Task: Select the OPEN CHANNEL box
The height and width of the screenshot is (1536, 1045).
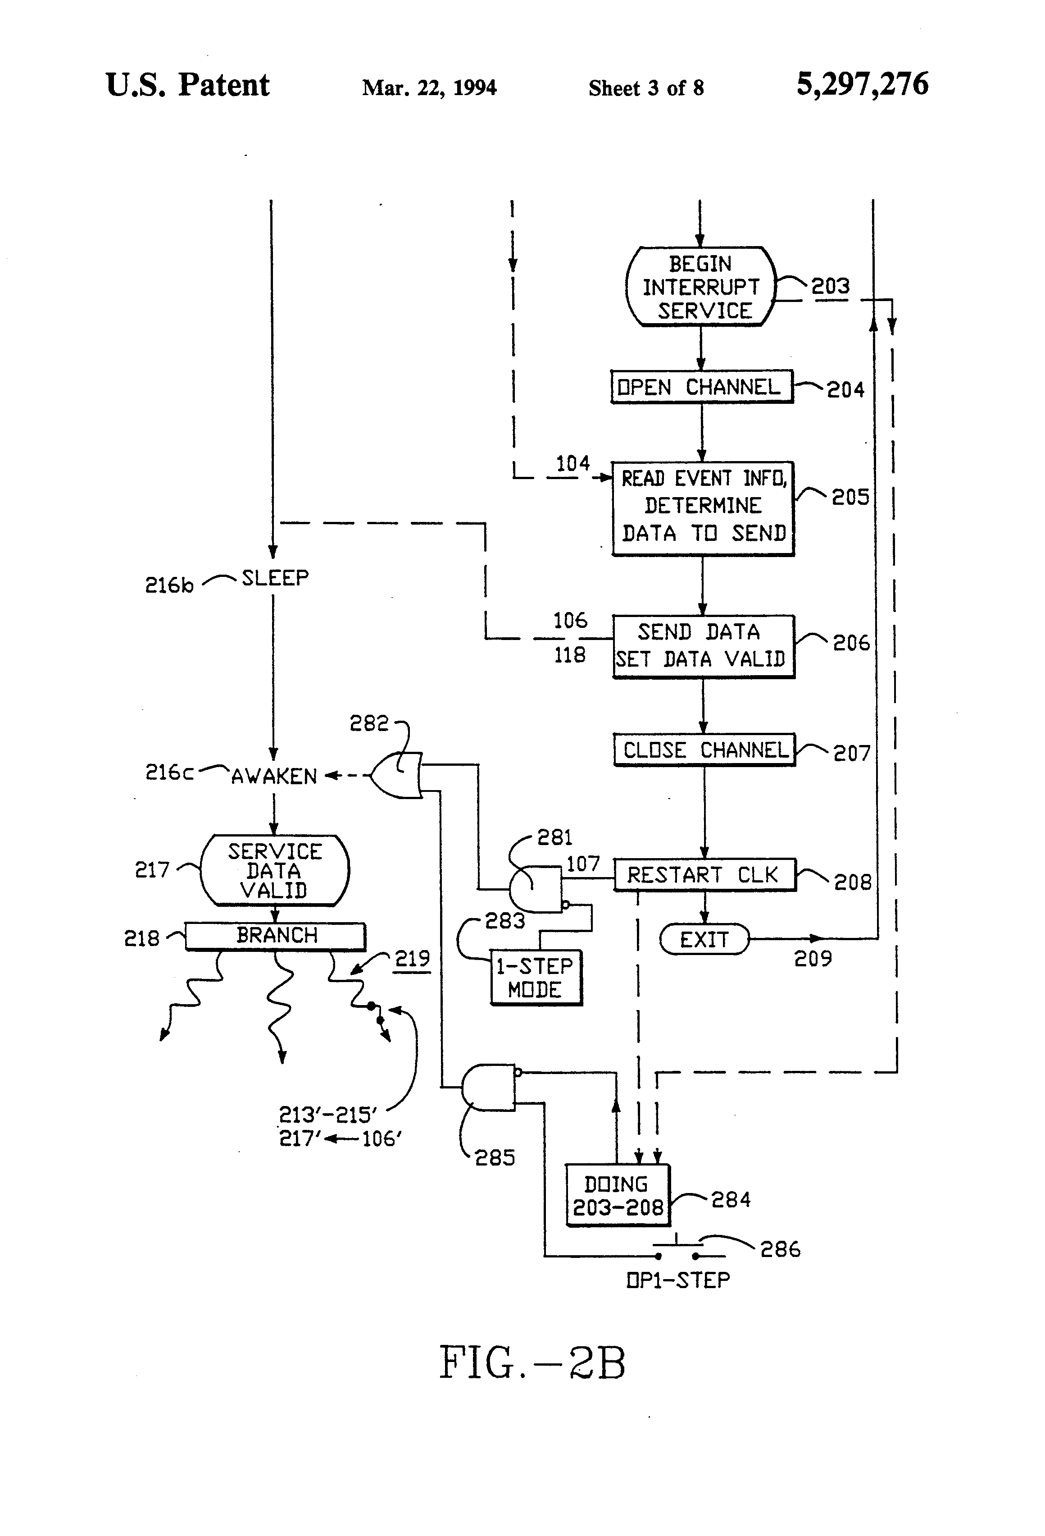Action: (701, 387)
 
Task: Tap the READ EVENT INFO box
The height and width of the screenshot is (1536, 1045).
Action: (703, 507)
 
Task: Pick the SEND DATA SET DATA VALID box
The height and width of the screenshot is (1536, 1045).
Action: (703, 646)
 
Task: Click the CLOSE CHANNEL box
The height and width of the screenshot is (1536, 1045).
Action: (704, 750)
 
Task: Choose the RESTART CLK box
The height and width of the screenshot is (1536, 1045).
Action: (704, 875)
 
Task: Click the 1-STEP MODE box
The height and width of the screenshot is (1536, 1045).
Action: (536, 978)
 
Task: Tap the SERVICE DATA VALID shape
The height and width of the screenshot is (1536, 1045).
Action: (274, 870)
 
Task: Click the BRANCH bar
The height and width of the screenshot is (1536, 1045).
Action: (276, 936)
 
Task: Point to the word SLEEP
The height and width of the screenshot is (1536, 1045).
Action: (275, 578)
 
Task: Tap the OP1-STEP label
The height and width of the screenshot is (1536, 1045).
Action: (678, 1280)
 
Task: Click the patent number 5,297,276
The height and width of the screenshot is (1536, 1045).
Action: (862, 85)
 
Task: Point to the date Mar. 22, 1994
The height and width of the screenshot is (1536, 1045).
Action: (429, 88)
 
